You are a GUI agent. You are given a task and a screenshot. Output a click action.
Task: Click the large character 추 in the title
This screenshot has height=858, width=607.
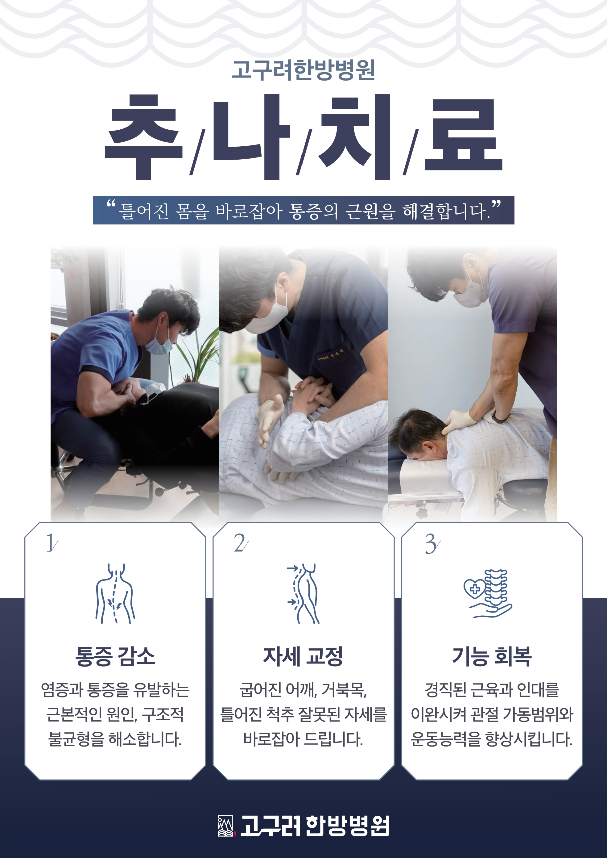click(x=144, y=137)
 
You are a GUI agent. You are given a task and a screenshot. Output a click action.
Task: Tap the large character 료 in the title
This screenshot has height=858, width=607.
click(x=464, y=135)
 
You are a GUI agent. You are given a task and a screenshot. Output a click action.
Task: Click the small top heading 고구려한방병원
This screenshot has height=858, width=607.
click(x=303, y=70)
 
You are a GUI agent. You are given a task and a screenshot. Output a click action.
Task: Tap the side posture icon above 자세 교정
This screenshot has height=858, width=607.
click(x=303, y=593)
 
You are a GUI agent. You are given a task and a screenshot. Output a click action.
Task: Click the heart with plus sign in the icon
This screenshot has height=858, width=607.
click(x=475, y=588)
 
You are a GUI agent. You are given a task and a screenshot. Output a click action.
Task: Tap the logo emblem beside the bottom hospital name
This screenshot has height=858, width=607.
click(x=226, y=826)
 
